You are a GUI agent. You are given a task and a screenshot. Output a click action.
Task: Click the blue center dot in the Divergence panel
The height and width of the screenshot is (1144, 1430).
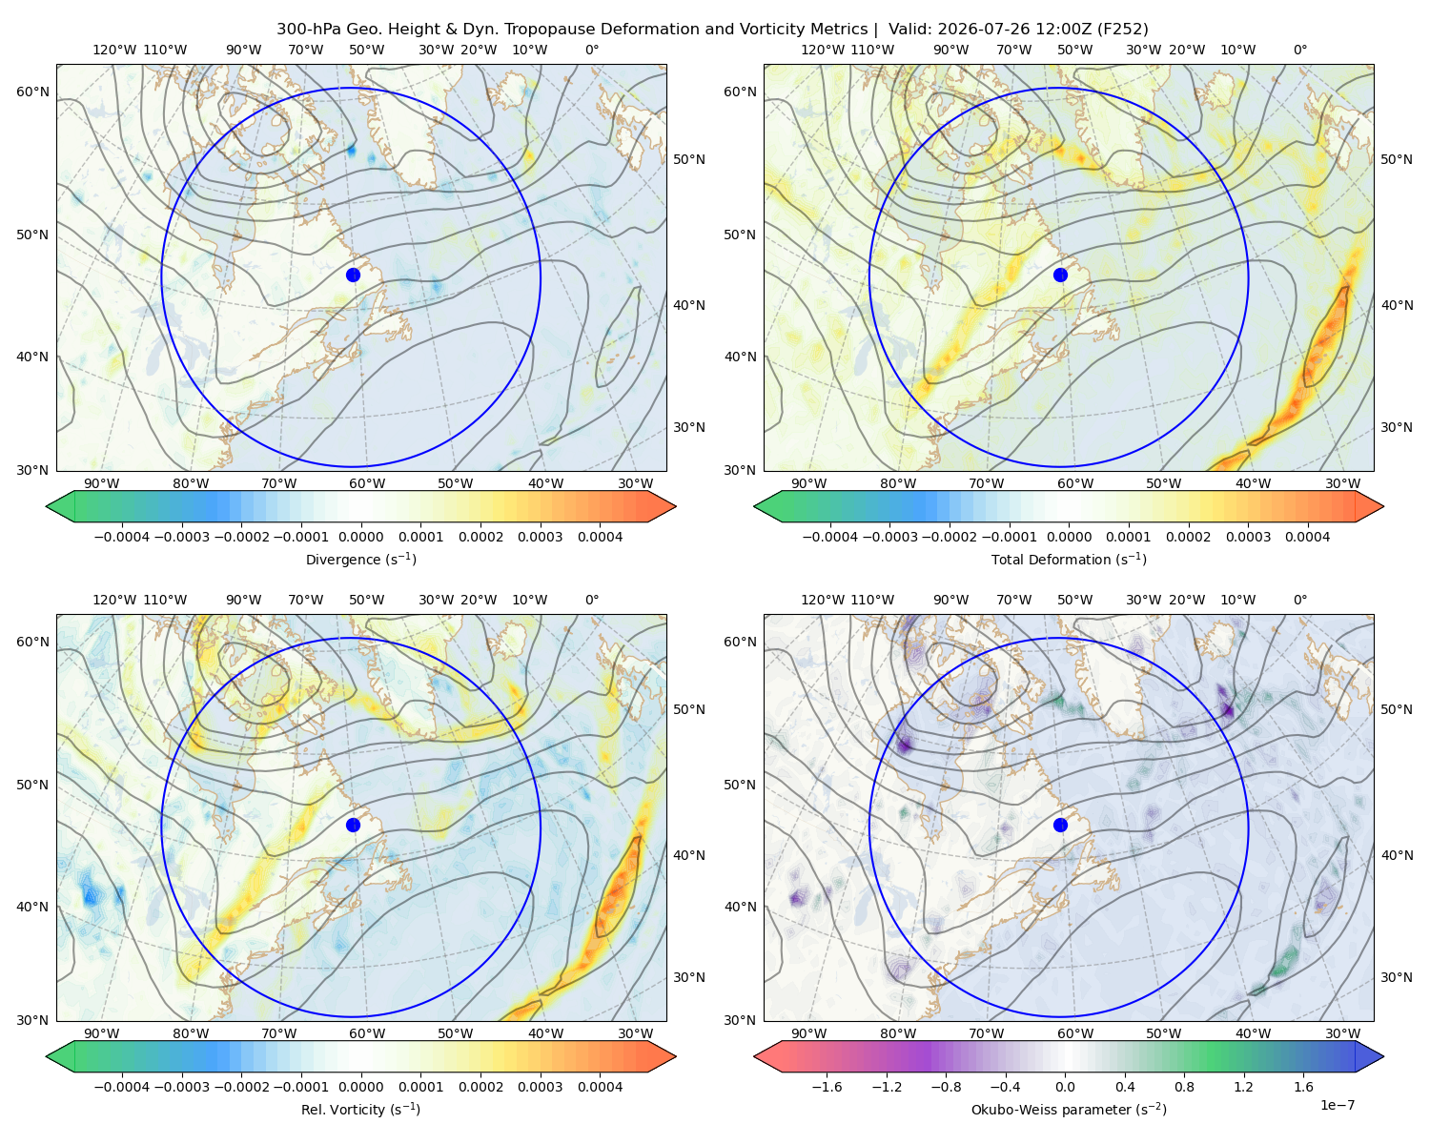pyautogui.click(x=353, y=275)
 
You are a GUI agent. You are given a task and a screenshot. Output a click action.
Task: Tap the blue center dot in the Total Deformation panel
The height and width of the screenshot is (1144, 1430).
pyautogui.click(x=1060, y=275)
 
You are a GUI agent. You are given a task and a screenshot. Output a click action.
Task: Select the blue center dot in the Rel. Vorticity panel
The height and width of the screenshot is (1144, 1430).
pyautogui.click(x=353, y=825)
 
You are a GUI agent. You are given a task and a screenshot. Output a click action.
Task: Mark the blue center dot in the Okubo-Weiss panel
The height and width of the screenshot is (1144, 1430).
pyautogui.click(x=1060, y=825)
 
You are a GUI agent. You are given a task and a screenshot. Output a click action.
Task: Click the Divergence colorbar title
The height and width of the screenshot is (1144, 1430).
pyautogui.click(x=360, y=559)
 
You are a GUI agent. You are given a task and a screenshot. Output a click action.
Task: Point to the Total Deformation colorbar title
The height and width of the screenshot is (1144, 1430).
pyautogui.click(x=1069, y=559)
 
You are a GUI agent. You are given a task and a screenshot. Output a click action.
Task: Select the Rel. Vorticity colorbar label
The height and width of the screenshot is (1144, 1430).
pyautogui.click(x=360, y=1109)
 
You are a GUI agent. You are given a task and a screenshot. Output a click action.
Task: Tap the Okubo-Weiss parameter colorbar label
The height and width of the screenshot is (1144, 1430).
pyautogui.click(x=1069, y=1109)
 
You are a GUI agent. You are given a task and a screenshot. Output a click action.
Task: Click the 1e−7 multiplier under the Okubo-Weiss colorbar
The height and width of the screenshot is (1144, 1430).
pyautogui.click(x=1337, y=1105)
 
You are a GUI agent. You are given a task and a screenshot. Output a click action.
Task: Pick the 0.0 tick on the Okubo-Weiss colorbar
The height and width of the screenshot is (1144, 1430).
pyautogui.click(x=1065, y=1087)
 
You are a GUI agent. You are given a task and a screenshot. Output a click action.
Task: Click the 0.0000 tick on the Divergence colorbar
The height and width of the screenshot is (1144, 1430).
pyautogui.click(x=360, y=537)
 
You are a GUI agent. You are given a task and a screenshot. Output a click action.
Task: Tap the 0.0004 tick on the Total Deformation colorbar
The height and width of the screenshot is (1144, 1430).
pyautogui.click(x=1308, y=537)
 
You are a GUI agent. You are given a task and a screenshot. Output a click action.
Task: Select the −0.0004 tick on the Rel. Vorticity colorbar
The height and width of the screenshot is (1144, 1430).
pyautogui.click(x=122, y=1087)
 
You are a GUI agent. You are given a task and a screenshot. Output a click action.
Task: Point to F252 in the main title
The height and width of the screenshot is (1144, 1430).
pyautogui.click(x=1122, y=30)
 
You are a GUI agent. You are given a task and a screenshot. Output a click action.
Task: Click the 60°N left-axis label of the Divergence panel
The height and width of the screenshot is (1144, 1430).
pyautogui.click(x=32, y=92)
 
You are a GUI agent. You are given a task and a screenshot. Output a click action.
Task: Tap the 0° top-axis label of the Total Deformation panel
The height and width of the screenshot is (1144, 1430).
pyautogui.click(x=1299, y=50)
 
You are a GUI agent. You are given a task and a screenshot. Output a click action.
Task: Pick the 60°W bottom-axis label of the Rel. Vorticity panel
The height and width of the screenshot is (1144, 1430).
pyautogui.click(x=367, y=1033)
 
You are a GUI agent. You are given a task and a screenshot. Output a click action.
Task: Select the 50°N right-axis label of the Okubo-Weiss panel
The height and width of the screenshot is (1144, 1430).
pyautogui.click(x=1396, y=709)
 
